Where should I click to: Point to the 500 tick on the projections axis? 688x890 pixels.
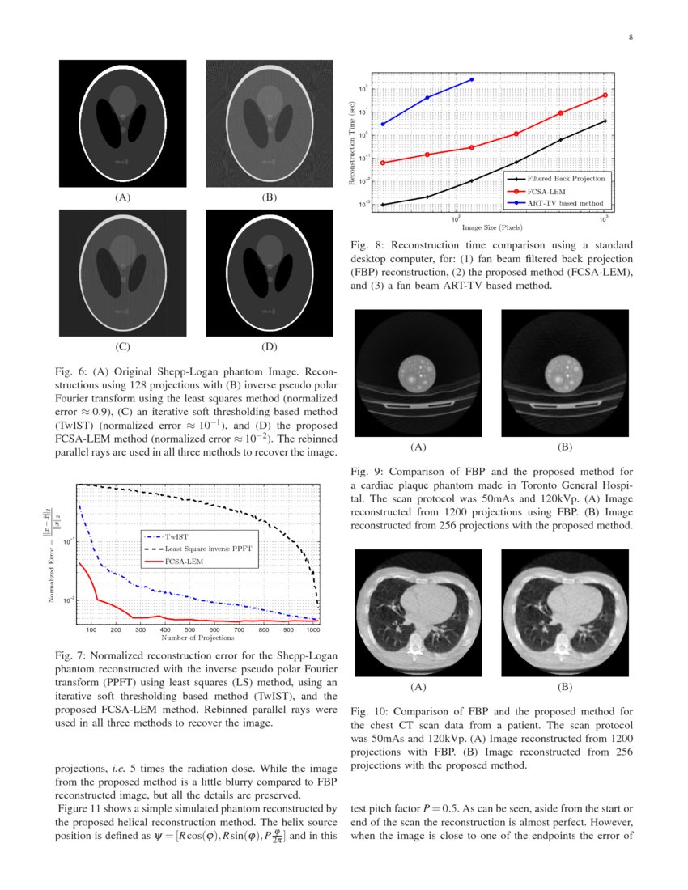(189, 629)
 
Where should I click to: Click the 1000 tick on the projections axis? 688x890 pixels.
(313, 629)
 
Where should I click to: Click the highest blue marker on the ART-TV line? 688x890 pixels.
(472, 79)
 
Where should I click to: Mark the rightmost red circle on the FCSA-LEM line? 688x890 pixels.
(605, 95)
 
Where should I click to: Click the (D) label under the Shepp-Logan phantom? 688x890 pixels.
(269, 348)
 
